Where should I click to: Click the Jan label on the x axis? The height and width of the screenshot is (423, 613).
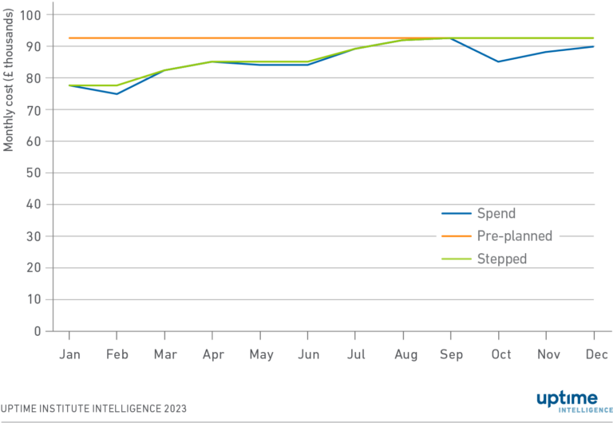69,354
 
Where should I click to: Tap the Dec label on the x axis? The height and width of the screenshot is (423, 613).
594,354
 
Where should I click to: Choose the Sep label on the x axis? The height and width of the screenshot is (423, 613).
451,354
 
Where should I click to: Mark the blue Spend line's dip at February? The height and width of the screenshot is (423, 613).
117,94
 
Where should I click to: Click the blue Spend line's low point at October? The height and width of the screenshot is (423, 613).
499,61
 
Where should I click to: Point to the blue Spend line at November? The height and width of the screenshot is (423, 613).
546,52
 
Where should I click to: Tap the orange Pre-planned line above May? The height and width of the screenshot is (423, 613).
260,38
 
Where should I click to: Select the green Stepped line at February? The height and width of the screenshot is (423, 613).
117,85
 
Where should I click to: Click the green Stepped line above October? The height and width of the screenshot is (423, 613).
499,38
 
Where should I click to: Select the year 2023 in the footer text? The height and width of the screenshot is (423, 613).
173,409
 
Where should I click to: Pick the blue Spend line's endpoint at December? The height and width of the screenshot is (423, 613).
594,46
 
